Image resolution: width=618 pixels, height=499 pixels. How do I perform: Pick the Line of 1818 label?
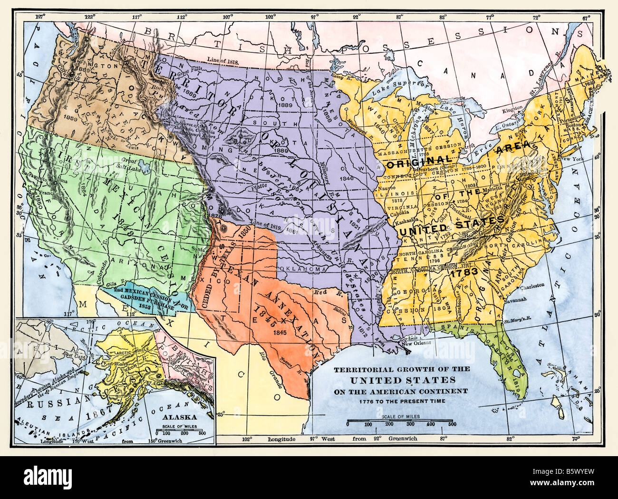click(x=222, y=60)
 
